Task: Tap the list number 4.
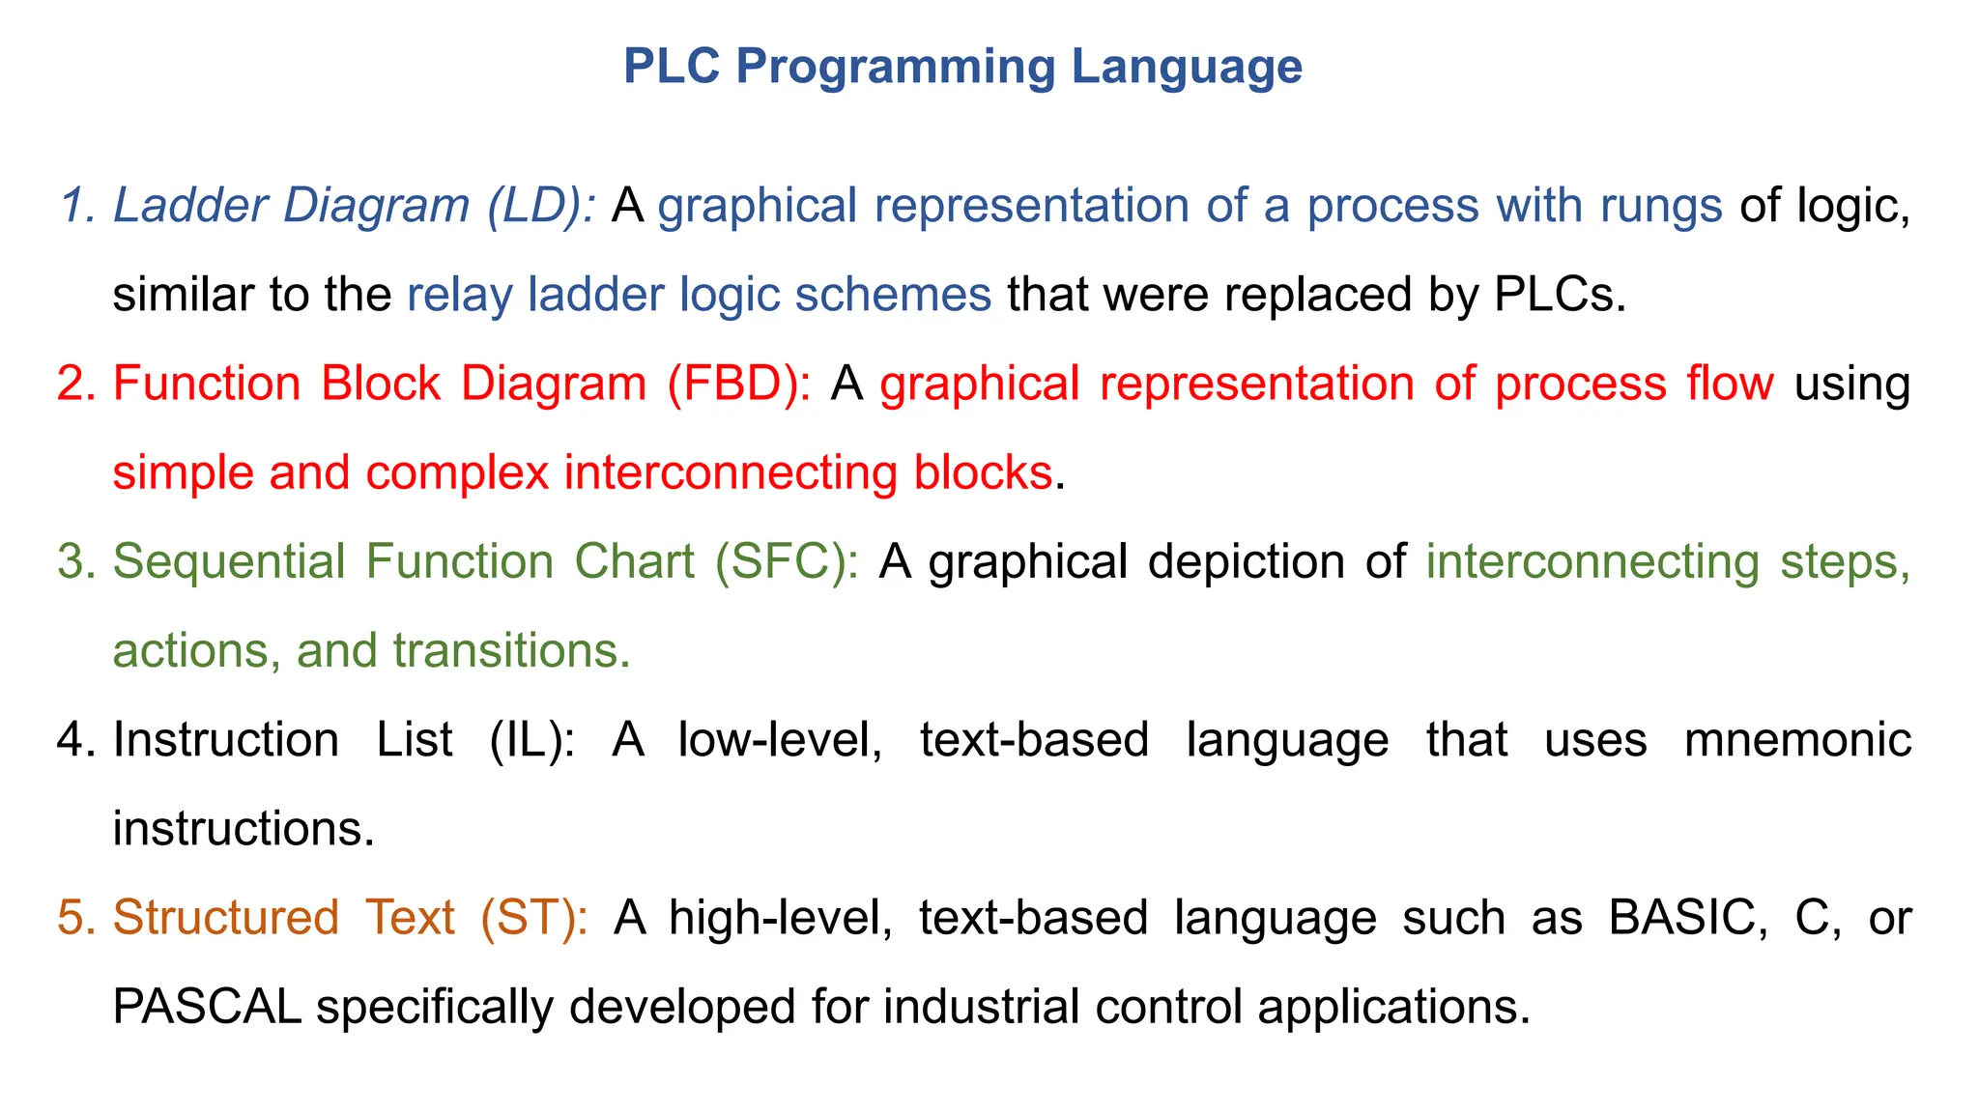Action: click(71, 740)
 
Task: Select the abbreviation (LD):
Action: click(541, 207)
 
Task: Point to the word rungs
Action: click(1660, 207)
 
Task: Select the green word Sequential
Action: click(229, 562)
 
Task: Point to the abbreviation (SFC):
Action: click(787, 562)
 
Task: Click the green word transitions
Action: click(512, 651)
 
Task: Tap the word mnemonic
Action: click(1797, 740)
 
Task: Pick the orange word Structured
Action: click(226, 918)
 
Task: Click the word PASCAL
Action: click(207, 1007)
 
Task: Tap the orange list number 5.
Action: click(71, 918)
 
